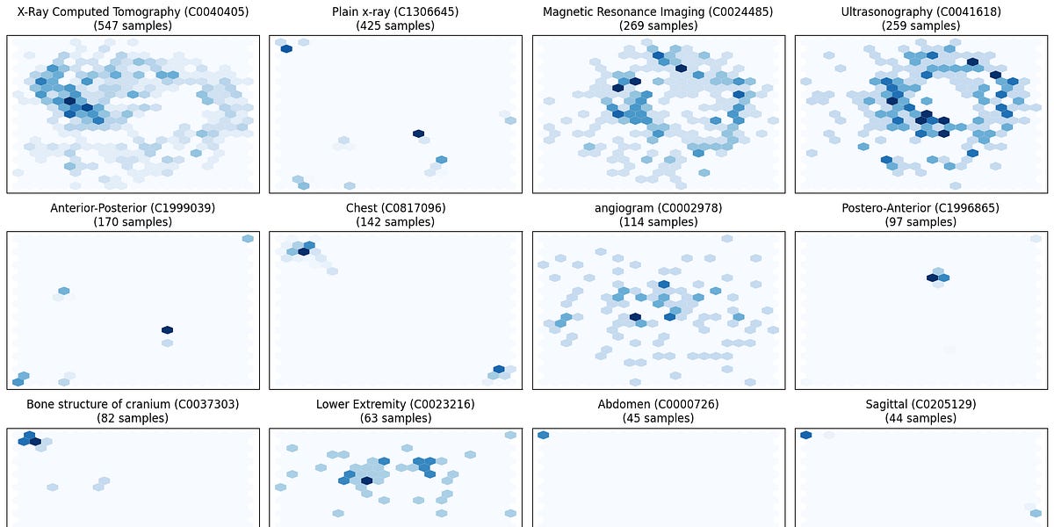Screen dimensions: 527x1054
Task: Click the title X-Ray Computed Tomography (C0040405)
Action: (x=133, y=12)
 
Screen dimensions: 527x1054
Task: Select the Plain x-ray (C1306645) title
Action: (x=395, y=12)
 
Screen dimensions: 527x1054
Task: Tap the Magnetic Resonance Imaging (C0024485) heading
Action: (x=659, y=12)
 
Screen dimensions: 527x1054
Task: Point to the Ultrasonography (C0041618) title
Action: (x=921, y=12)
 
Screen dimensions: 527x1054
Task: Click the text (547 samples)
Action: (x=133, y=26)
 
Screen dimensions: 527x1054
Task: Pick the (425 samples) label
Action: (x=395, y=26)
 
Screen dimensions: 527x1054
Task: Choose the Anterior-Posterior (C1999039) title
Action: (x=133, y=208)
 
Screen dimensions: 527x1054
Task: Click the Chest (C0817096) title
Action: (x=395, y=208)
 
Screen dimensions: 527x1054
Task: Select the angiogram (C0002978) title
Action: (x=659, y=208)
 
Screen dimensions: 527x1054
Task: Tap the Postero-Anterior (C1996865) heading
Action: (x=921, y=208)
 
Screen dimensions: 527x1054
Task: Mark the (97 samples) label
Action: (x=921, y=222)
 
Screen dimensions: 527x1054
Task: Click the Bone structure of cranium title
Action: (x=133, y=405)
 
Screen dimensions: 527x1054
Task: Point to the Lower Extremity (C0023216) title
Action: (x=395, y=405)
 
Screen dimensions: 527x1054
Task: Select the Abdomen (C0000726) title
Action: (x=659, y=405)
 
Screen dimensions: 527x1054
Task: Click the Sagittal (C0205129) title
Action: (x=921, y=405)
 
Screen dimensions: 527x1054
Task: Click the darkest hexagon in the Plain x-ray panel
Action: (x=418, y=134)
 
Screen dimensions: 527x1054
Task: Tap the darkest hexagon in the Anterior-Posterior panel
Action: (x=167, y=330)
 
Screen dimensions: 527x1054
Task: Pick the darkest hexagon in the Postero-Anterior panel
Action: (x=932, y=278)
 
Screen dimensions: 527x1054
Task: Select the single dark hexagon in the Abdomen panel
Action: (x=543, y=435)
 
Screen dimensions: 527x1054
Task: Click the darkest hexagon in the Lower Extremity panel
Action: (x=366, y=480)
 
